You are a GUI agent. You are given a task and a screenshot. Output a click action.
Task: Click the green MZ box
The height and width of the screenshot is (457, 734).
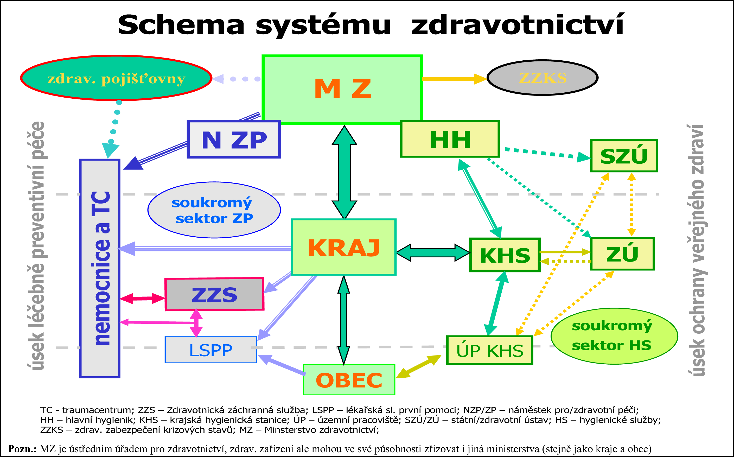(342, 90)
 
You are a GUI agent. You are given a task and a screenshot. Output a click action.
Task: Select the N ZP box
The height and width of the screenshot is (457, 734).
(234, 139)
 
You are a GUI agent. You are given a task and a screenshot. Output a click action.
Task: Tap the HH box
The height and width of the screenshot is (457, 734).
(450, 139)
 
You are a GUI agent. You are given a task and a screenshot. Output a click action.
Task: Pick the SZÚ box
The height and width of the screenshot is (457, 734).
(624, 156)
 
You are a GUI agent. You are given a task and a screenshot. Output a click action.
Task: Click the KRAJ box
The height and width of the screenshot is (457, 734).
(343, 247)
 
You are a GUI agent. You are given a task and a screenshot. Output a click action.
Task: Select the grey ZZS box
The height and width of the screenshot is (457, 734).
(214, 294)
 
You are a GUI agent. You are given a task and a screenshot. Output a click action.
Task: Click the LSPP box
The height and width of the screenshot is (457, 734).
(210, 350)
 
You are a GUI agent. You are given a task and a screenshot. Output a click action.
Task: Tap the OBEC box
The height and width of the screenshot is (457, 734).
(349, 380)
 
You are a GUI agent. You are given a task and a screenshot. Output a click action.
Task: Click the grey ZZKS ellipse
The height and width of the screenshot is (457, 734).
(542, 78)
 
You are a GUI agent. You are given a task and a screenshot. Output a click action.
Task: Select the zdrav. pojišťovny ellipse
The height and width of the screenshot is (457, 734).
(116, 78)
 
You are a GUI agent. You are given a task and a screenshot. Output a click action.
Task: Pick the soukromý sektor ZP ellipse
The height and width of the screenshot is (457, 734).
(214, 210)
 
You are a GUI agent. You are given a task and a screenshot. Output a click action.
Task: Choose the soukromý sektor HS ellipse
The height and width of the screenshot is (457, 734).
(614, 336)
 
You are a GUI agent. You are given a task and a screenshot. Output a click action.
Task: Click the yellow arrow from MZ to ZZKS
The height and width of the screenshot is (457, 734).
(453, 79)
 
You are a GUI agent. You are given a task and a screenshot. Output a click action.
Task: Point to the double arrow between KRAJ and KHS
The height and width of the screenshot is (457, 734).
(433, 252)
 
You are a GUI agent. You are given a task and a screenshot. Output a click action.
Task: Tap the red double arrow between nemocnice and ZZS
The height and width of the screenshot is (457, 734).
(142, 298)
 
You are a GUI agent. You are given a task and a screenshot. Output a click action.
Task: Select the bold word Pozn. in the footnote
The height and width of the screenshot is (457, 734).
(22, 448)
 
